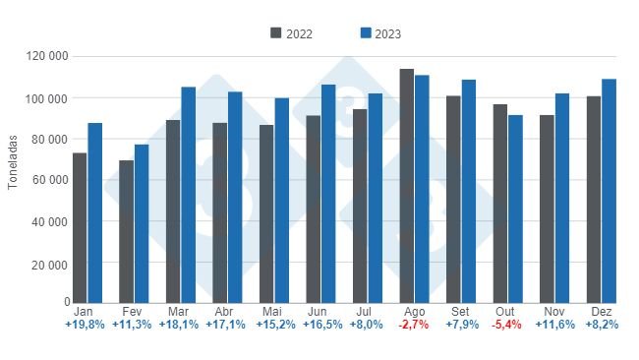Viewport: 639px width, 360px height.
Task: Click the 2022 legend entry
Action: [x=292, y=33]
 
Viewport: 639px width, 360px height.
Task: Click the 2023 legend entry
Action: [x=380, y=33]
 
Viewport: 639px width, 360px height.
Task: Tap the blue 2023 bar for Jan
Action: [x=94, y=211]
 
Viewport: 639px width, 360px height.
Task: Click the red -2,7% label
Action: [x=414, y=325]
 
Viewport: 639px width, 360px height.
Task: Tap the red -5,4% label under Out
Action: [x=507, y=325]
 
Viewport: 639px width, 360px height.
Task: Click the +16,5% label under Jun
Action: [x=320, y=325]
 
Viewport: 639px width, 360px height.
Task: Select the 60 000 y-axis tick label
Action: [x=48, y=180]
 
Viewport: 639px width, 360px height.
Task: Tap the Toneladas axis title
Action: [x=13, y=179]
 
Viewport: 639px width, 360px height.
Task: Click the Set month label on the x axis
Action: [x=460, y=311]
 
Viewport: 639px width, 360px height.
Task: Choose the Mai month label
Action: [x=273, y=311]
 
